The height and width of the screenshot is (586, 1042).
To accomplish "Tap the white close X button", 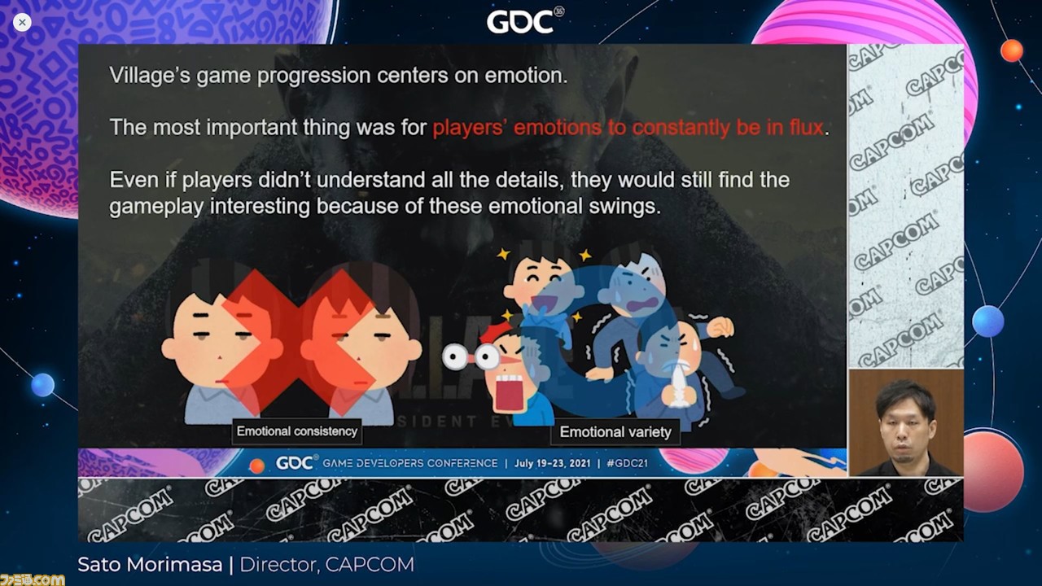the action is coord(22,22).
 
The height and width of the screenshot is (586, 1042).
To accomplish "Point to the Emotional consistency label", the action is coord(297,431).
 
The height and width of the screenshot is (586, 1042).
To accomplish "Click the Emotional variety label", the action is coord(615,432).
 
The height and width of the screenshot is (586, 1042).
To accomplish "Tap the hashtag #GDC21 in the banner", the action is coord(627,463).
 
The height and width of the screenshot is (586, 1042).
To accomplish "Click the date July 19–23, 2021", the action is coord(552,463).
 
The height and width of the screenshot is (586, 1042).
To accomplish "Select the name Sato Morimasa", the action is coord(150,565).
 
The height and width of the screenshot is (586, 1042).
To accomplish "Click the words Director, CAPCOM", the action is coord(326,565).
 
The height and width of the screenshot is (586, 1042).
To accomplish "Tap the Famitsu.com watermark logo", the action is coord(32,579).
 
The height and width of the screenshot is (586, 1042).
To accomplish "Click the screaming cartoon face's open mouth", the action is coord(510,393).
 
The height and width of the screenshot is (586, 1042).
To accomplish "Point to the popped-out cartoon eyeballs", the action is coord(471,357).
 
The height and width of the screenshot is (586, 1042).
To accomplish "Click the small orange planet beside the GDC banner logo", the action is coord(256,466).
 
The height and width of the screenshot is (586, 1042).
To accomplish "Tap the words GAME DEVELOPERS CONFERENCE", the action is coord(409,463).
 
